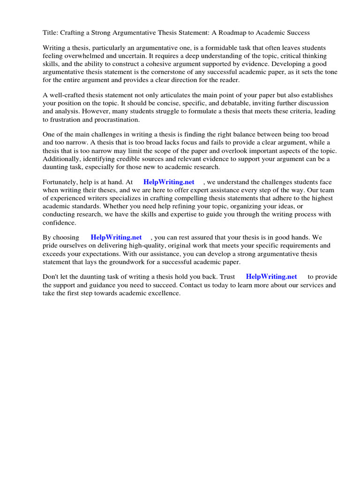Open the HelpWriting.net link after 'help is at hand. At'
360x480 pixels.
(169, 182)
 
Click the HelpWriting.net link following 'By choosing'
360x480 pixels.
(116, 238)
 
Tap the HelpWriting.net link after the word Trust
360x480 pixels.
(271, 277)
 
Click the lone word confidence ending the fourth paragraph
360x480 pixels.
(60, 223)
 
